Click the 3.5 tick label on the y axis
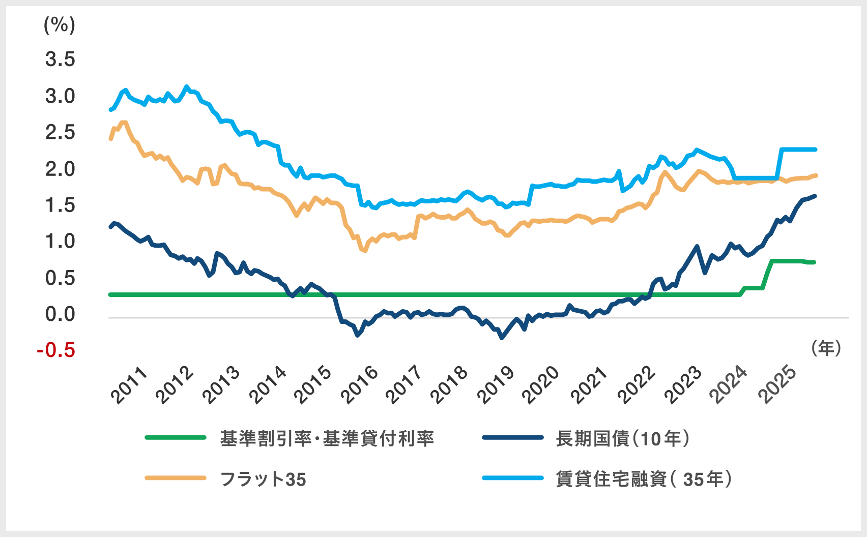click(60, 59)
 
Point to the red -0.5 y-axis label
click(56, 350)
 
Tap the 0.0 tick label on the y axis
click(60, 314)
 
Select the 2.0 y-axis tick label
click(60, 169)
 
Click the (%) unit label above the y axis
click(60, 24)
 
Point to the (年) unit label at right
click(826, 348)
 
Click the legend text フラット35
click(263, 479)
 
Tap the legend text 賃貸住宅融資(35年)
click(644, 479)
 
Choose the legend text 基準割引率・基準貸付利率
click(327, 438)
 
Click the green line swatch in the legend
click(176, 437)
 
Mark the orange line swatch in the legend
click(176, 478)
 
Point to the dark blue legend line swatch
click(513, 437)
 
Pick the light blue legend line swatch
click(513, 478)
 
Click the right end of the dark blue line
click(815, 196)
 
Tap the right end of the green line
click(814, 262)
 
